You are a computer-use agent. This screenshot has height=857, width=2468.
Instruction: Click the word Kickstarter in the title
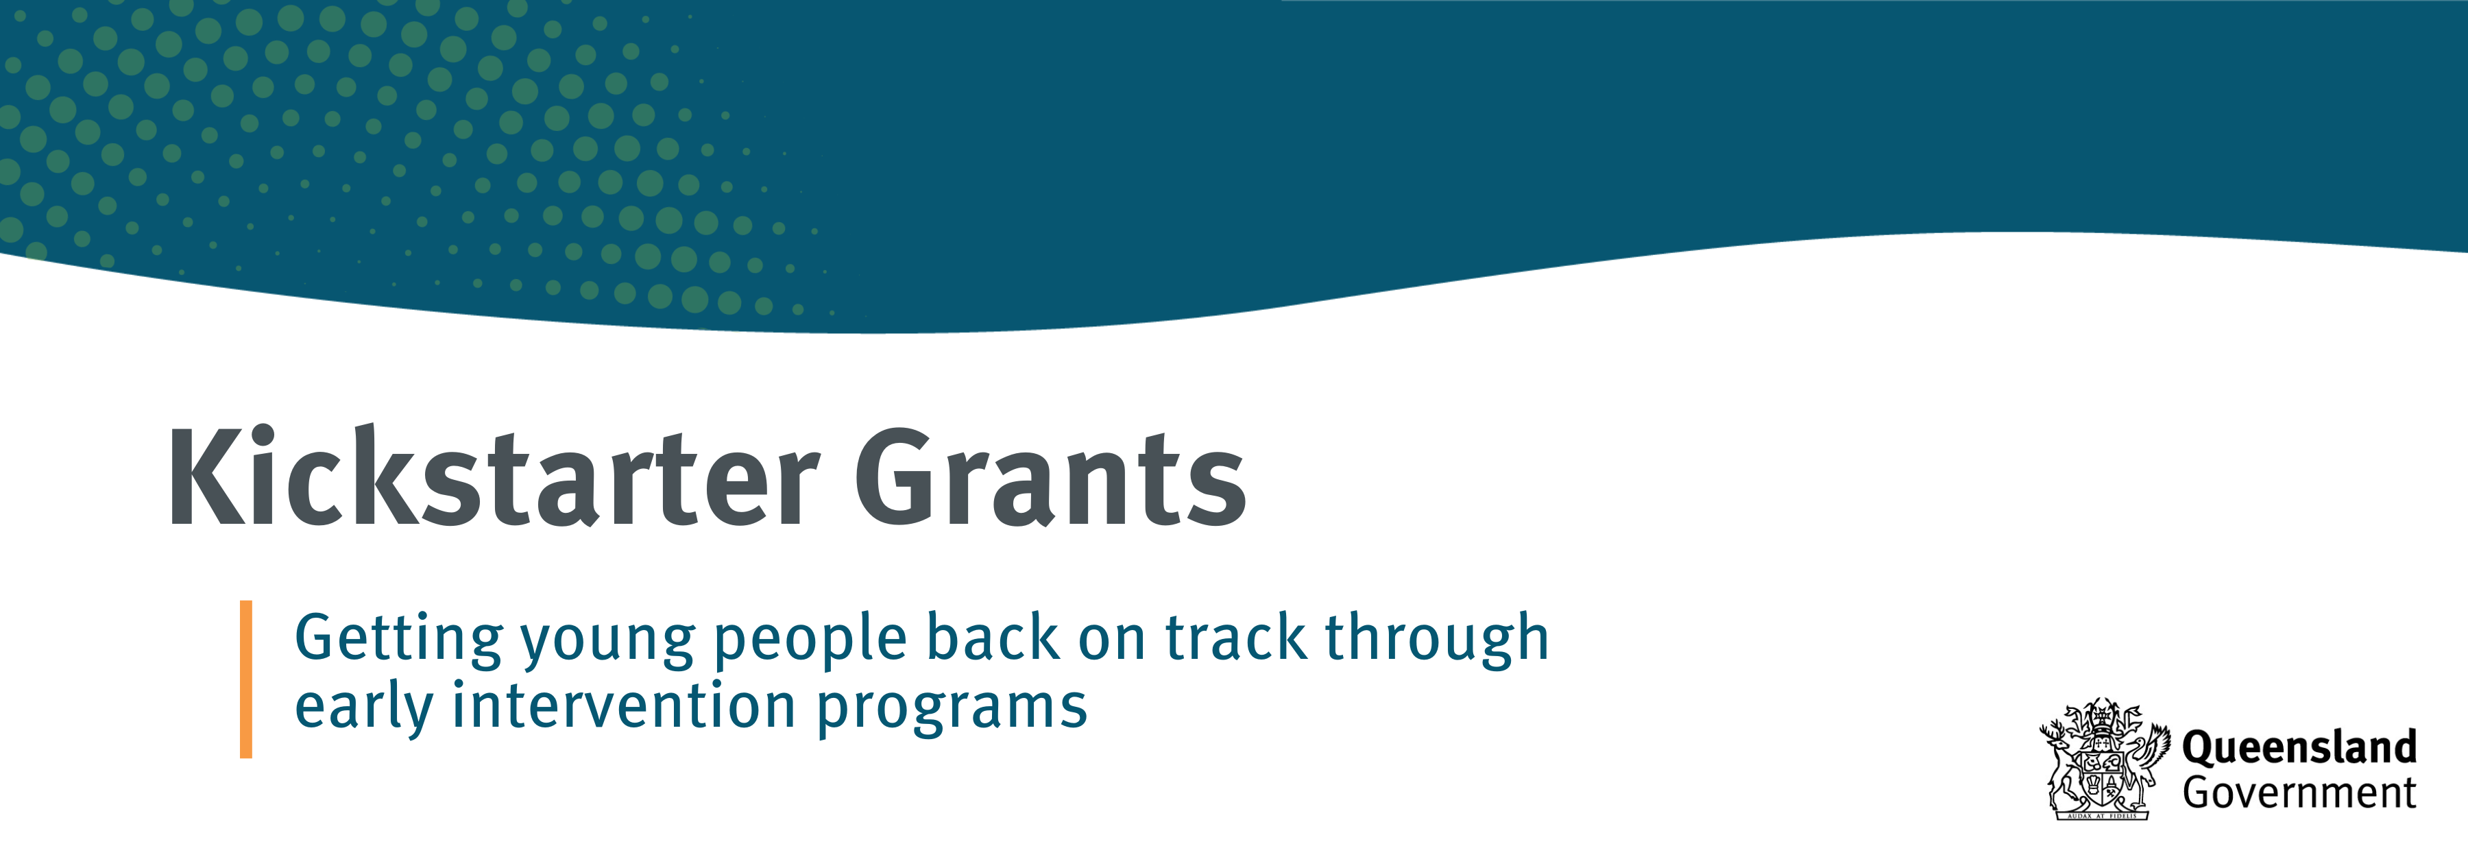(494, 476)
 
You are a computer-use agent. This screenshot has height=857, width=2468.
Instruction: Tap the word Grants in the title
(1050, 477)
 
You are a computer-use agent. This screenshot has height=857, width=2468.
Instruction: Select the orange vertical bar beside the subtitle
(246, 679)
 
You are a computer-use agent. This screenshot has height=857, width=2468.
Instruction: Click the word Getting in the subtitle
(398, 640)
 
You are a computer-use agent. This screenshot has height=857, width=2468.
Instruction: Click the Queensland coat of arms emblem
(2104, 758)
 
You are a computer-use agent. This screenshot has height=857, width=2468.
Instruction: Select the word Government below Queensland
(2299, 793)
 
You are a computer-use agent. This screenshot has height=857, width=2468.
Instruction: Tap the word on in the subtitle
(1111, 641)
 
